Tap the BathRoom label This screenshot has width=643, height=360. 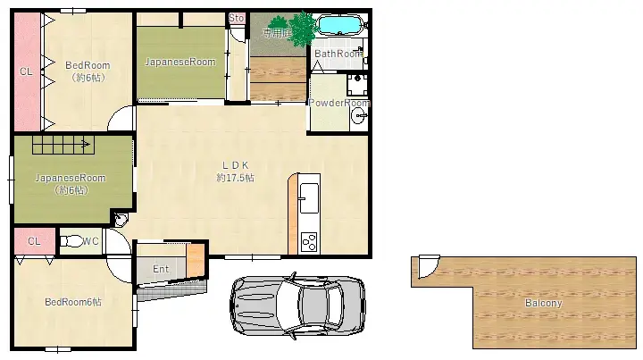338,54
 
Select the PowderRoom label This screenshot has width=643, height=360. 338,103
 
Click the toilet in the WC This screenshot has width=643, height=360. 71,240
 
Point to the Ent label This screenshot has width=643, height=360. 161,269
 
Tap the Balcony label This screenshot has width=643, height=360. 543,303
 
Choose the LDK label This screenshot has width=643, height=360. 235,164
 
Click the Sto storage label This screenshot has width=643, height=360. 237,18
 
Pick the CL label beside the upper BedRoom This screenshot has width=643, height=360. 26,71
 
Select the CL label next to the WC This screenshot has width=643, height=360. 34,241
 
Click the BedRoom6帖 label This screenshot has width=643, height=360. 73,302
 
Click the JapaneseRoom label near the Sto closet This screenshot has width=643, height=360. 180,62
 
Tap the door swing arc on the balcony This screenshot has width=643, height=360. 426,266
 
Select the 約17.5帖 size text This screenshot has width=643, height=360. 235,178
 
